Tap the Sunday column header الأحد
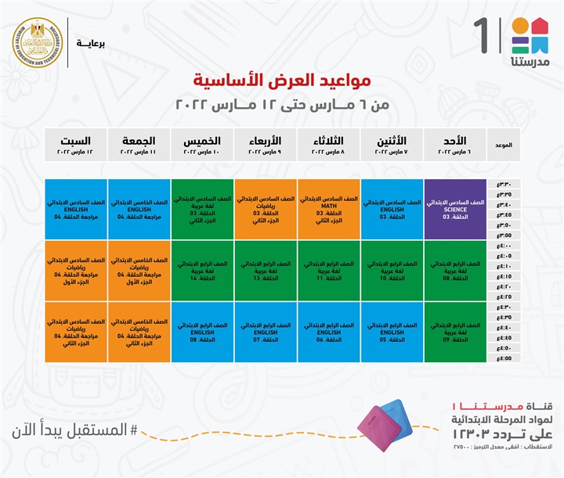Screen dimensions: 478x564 pyautogui.click(x=455, y=145)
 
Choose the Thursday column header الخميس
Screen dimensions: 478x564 pyautogui.click(x=202, y=145)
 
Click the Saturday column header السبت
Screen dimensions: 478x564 pyautogui.click(x=76, y=145)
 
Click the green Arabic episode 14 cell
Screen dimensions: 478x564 pyautogui.click(x=202, y=270)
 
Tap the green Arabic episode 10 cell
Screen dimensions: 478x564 pyautogui.click(x=392, y=270)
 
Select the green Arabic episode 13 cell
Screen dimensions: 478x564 pyautogui.click(x=266, y=270)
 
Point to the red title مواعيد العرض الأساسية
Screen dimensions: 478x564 pyautogui.click(x=282, y=80)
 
